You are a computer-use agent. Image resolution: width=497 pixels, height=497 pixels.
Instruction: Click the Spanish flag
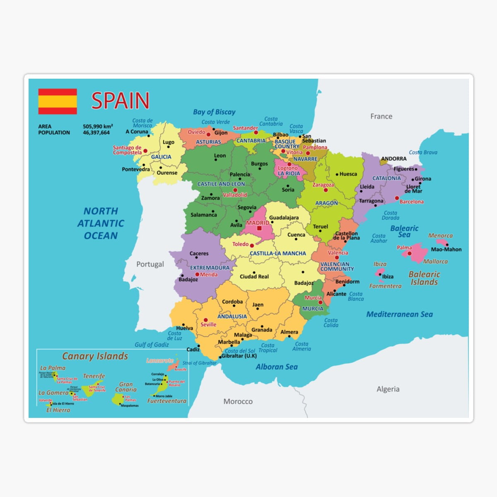click(58, 101)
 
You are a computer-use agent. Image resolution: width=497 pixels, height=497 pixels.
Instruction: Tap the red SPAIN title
click(120, 101)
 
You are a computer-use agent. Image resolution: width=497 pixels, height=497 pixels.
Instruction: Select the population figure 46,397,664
click(96, 133)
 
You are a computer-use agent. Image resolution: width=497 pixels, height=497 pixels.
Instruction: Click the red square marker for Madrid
click(259, 228)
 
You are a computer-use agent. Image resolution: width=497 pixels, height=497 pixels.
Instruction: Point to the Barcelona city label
click(411, 202)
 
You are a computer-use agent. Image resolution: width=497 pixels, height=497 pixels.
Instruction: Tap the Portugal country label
click(150, 264)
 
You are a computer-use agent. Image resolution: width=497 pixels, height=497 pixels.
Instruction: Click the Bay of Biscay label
click(214, 112)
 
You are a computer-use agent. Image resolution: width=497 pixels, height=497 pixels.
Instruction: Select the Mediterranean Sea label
click(399, 314)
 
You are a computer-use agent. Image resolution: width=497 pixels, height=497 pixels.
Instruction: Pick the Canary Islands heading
click(95, 356)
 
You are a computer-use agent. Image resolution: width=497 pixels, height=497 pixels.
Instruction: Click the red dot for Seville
click(205, 320)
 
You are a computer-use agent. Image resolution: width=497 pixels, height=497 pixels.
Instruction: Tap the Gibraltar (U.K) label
click(239, 356)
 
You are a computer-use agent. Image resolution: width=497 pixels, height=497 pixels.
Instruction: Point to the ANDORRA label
click(393, 159)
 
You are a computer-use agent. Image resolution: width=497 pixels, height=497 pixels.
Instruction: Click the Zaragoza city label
click(323, 185)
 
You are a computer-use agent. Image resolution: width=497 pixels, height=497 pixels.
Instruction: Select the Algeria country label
click(388, 389)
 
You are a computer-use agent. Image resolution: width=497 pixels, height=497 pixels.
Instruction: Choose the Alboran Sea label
click(276, 367)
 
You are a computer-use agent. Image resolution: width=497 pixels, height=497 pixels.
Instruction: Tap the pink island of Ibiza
click(379, 273)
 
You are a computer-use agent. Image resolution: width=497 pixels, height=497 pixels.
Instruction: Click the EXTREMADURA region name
click(210, 268)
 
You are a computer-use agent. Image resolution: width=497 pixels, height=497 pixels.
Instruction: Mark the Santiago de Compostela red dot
click(145, 151)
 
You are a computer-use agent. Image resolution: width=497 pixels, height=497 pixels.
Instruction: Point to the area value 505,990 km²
click(98, 126)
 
